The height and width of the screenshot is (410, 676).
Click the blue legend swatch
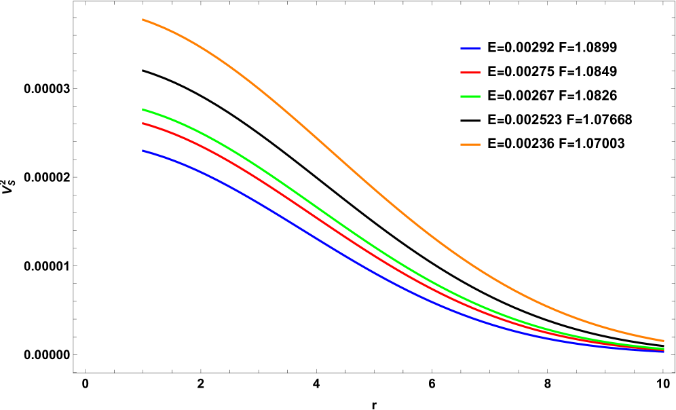coord(470,49)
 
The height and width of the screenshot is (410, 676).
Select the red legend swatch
coord(470,73)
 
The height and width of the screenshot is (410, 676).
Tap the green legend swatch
coord(470,96)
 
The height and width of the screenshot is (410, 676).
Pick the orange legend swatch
coord(470,145)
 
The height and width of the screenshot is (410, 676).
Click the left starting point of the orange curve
coord(143,20)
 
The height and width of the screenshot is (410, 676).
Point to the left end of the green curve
coord(143,109)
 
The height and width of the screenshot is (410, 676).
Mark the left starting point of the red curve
coord(143,124)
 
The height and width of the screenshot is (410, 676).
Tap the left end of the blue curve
coord(143,151)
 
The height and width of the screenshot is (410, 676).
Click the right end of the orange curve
coord(663,341)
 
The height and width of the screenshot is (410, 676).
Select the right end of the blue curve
coord(663,351)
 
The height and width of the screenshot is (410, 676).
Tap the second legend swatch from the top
coord(470,73)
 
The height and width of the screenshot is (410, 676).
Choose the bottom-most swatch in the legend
coord(470,145)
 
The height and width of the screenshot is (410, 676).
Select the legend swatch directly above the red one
coord(470,49)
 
